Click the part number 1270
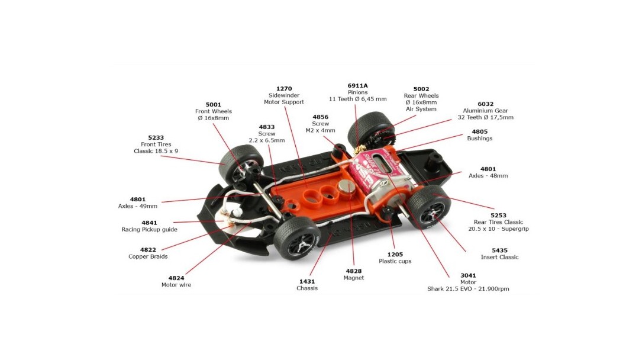[x=284, y=89]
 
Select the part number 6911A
[x=358, y=86]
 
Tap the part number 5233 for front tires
[x=156, y=138]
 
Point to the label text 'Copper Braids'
[x=148, y=256]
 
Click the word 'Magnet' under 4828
[x=354, y=278]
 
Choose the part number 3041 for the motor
[x=468, y=275]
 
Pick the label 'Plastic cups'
[x=395, y=261]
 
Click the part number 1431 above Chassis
[x=307, y=281]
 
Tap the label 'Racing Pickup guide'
[x=150, y=230]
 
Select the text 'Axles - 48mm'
[x=488, y=176]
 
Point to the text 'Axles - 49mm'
[x=138, y=206]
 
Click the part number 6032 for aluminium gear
[x=486, y=104]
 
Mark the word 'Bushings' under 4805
[x=480, y=138]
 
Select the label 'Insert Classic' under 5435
[x=499, y=257]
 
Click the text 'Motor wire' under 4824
[x=176, y=285]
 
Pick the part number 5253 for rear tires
[x=498, y=216]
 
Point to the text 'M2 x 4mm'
[x=320, y=130]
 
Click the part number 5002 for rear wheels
[x=421, y=89]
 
